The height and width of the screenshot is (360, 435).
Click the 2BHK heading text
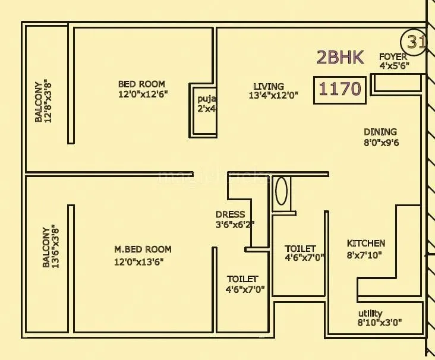click(340, 57)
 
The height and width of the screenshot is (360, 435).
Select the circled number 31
click(416, 43)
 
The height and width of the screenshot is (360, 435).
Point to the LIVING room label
click(269, 86)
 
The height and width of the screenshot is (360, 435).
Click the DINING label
click(380, 132)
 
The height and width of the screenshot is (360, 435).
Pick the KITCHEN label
click(366, 244)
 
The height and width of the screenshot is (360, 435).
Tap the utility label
click(370, 314)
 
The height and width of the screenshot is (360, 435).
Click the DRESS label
click(230, 214)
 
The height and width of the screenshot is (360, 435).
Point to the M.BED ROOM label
click(143, 250)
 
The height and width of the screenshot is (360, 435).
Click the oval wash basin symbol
click(281, 191)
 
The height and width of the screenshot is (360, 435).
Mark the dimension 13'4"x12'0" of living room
click(273, 95)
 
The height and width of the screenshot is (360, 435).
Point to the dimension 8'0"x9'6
click(380, 143)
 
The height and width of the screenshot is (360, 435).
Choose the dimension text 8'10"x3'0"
click(380, 323)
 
